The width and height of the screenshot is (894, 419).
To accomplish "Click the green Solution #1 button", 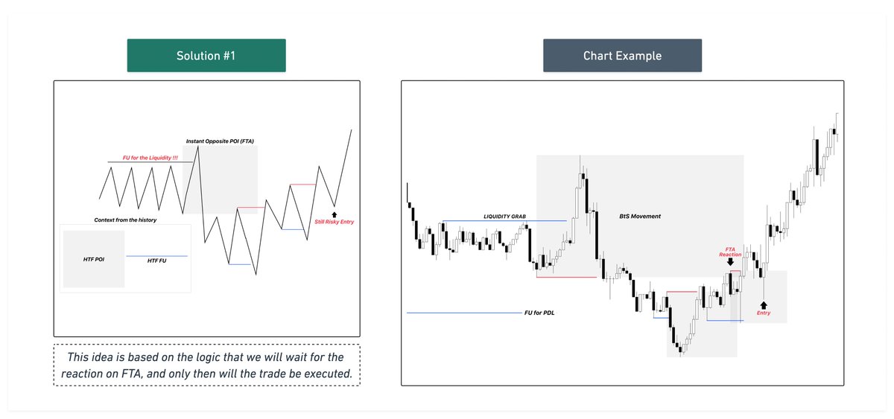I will (206, 57).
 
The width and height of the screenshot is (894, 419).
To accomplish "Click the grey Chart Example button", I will (622, 57).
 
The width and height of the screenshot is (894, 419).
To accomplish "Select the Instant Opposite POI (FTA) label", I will (220, 141).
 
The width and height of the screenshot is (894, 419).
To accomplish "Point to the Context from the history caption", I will (125, 220).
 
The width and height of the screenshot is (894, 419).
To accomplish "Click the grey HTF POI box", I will (94, 259).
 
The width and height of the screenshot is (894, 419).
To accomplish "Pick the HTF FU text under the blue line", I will (156, 261).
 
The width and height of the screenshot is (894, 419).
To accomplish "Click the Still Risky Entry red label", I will (335, 222).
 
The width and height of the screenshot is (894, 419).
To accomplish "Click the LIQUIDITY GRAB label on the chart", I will (504, 216).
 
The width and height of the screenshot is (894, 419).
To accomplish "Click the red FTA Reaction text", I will (730, 252).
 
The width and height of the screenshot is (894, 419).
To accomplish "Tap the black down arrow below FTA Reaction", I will (730, 261).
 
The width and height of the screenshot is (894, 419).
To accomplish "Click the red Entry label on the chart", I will (764, 313).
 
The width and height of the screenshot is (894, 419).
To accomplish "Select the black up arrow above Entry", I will (764, 304).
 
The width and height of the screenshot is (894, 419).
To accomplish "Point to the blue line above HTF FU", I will (156, 256).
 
